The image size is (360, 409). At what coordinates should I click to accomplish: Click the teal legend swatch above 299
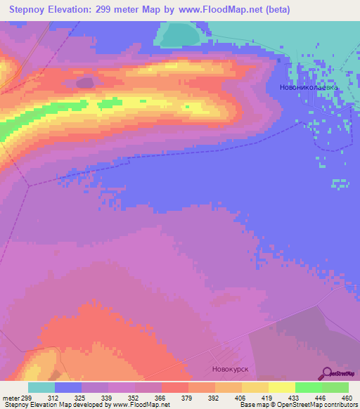point(41,387)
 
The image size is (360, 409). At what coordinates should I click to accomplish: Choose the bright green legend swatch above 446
point(308,387)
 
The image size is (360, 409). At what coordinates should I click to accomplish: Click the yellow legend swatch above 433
point(281,387)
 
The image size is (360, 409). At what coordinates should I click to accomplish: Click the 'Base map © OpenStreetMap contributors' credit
point(297,405)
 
